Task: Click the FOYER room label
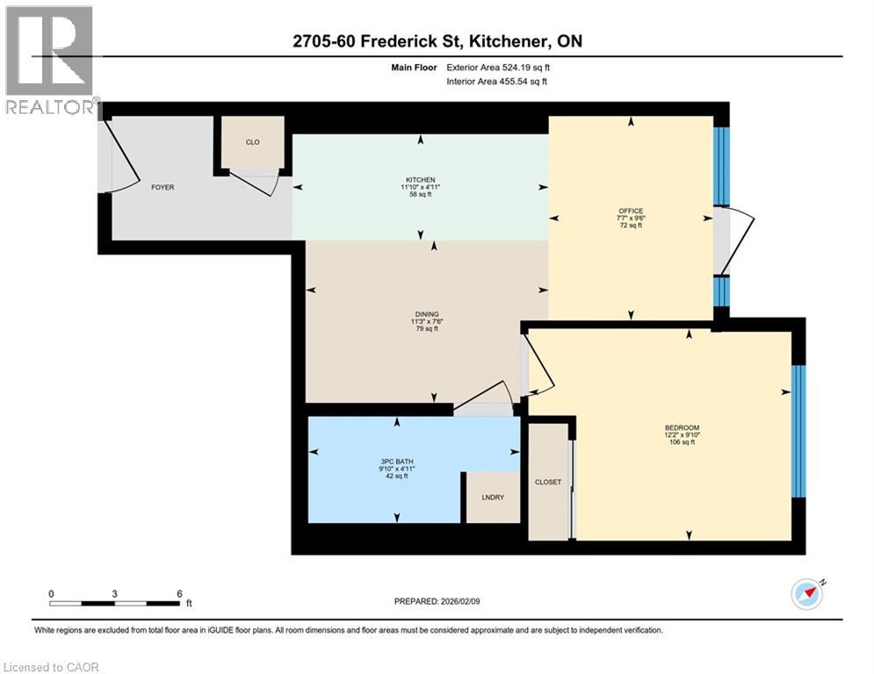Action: pos(163,187)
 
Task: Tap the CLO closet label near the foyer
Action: pos(252,142)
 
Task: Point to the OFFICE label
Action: pos(631,211)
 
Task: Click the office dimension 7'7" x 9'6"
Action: pos(631,218)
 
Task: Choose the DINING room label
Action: pos(427,314)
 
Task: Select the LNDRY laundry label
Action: pos(492,498)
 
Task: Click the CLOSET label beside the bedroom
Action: pos(548,482)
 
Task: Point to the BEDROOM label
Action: pos(683,427)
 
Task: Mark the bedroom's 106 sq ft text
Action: pos(683,442)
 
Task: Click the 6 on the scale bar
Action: pos(179,593)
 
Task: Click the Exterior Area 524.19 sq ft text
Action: pos(502,68)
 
